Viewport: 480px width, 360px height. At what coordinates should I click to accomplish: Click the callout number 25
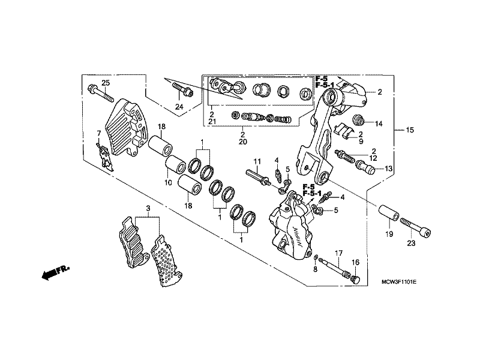(x=106, y=83)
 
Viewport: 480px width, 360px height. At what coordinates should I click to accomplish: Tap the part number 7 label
(x=98, y=133)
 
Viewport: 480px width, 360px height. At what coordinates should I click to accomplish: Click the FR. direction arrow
(x=55, y=272)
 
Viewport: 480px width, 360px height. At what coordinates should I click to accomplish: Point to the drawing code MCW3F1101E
(x=399, y=282)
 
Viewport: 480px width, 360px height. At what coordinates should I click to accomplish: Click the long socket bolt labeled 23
(x=415, y=228)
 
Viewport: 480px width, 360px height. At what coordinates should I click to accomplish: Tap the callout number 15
(x=410, y=130)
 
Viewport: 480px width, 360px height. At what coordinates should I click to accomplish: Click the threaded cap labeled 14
(x=358, y=119)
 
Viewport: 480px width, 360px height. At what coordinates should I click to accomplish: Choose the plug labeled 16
(x=355, y=280)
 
